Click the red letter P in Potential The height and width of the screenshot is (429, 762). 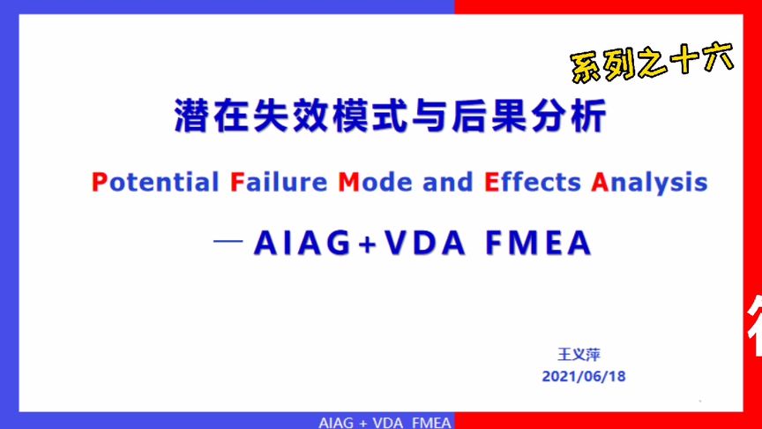click(x=98, y=183)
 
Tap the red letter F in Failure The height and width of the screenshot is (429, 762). click(x=235, y=183)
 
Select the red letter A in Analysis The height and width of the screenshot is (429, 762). click(x=600, y=183)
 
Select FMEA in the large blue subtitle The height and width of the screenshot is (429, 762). click(x=538, y=244)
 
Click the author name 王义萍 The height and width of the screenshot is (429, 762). click(x=579, y=354)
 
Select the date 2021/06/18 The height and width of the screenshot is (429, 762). click(x=584, y=376)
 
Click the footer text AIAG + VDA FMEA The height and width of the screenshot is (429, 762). click(x=385, y=422)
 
